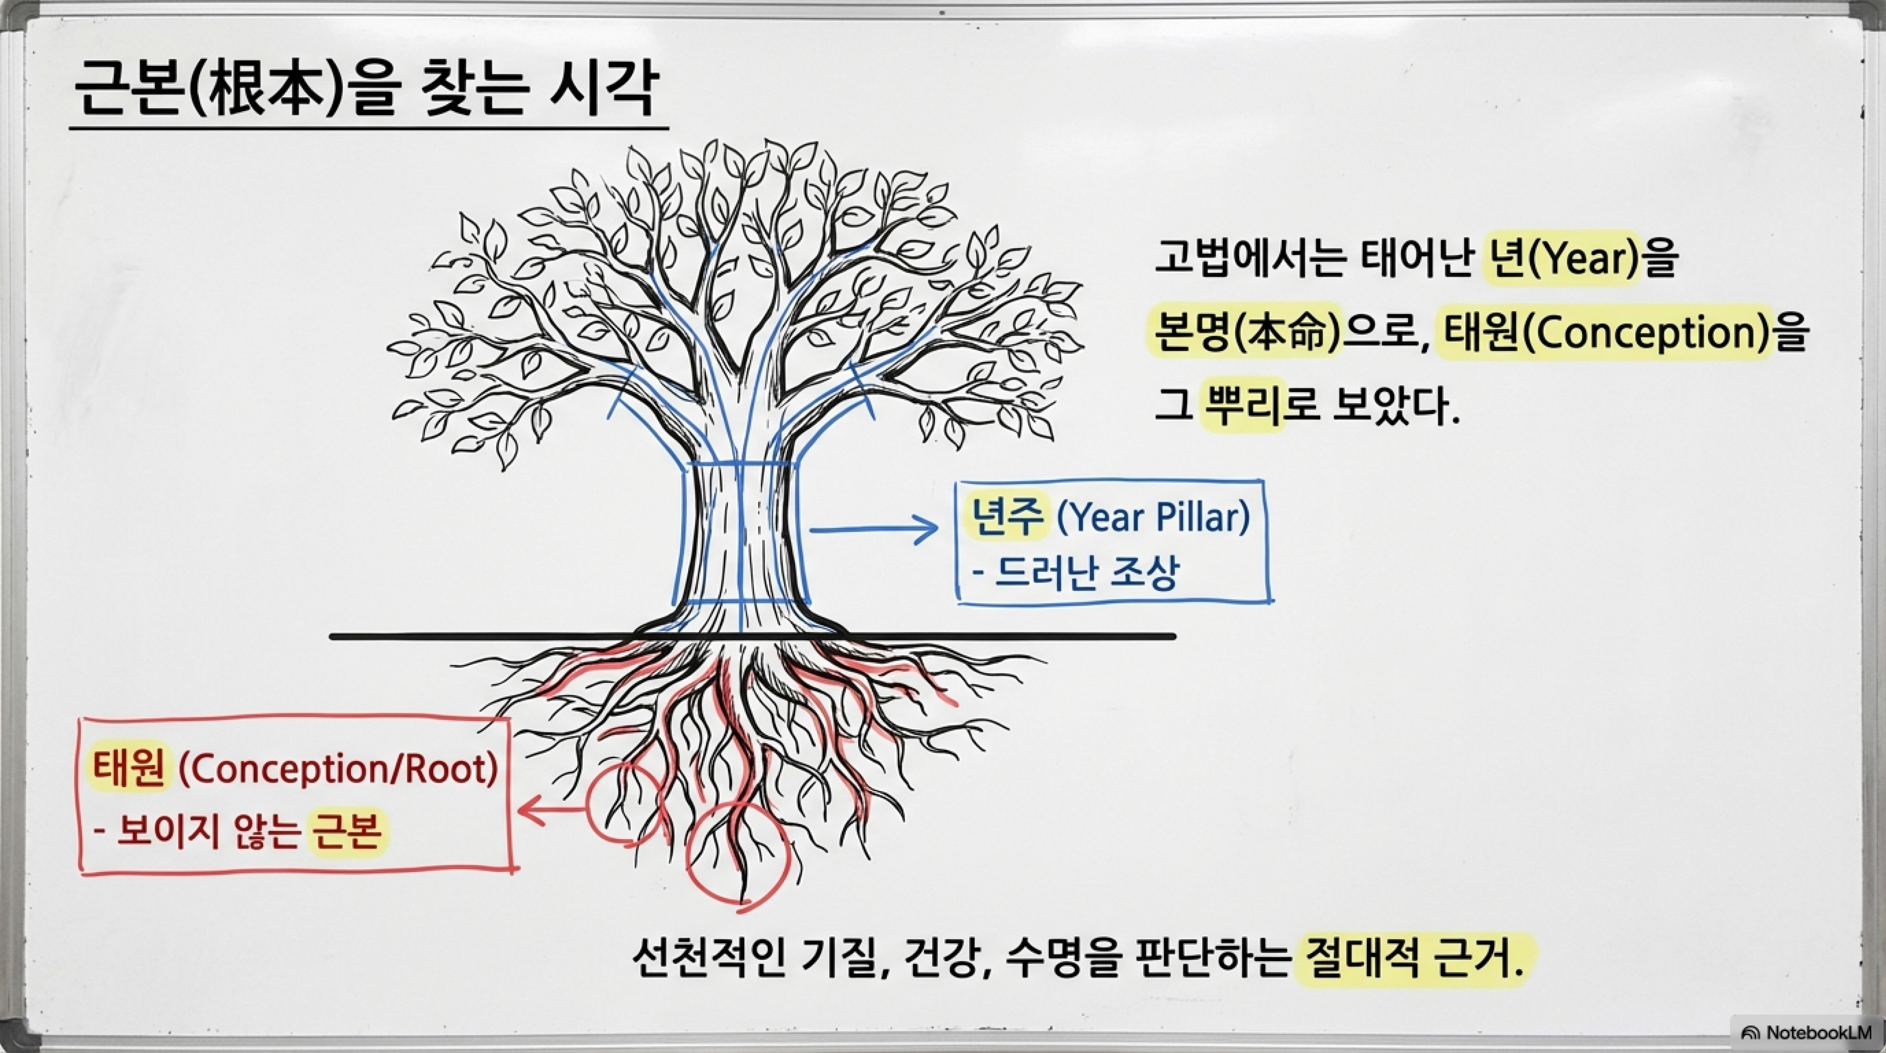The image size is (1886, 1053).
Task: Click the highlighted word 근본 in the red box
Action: point(346,833)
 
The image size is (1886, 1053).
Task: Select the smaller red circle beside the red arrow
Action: point(622,806)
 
